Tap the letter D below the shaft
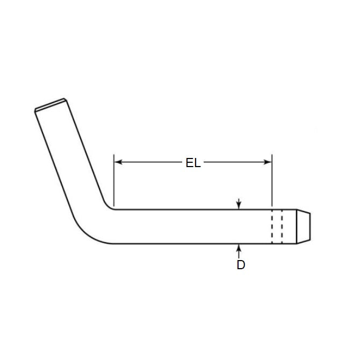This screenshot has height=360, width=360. click(x=241, y=264)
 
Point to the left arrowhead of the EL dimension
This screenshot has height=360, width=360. click(x=119, y=161)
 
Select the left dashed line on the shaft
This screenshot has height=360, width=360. click(x=272, y=226)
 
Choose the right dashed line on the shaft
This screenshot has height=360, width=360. click(x=282, y=226)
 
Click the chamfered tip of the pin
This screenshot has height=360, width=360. click(x=304, y=226)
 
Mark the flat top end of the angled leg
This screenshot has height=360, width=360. click(x=51, y=104)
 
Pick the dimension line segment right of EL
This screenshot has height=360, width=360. click(x=236, y=161)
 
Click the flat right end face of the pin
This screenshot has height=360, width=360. click(x=310, y=226)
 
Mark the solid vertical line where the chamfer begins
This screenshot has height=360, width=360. click(x=296, y=226)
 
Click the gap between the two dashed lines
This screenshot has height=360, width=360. click(x=277, y=226)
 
